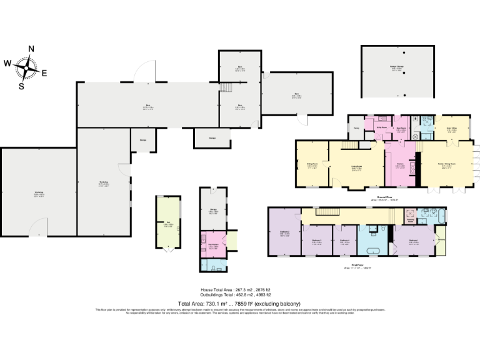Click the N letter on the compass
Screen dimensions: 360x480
(31, 49)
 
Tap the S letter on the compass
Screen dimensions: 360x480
(21, 86)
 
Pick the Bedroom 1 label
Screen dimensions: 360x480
(413, 241)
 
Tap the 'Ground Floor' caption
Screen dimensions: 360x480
(384, 197)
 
